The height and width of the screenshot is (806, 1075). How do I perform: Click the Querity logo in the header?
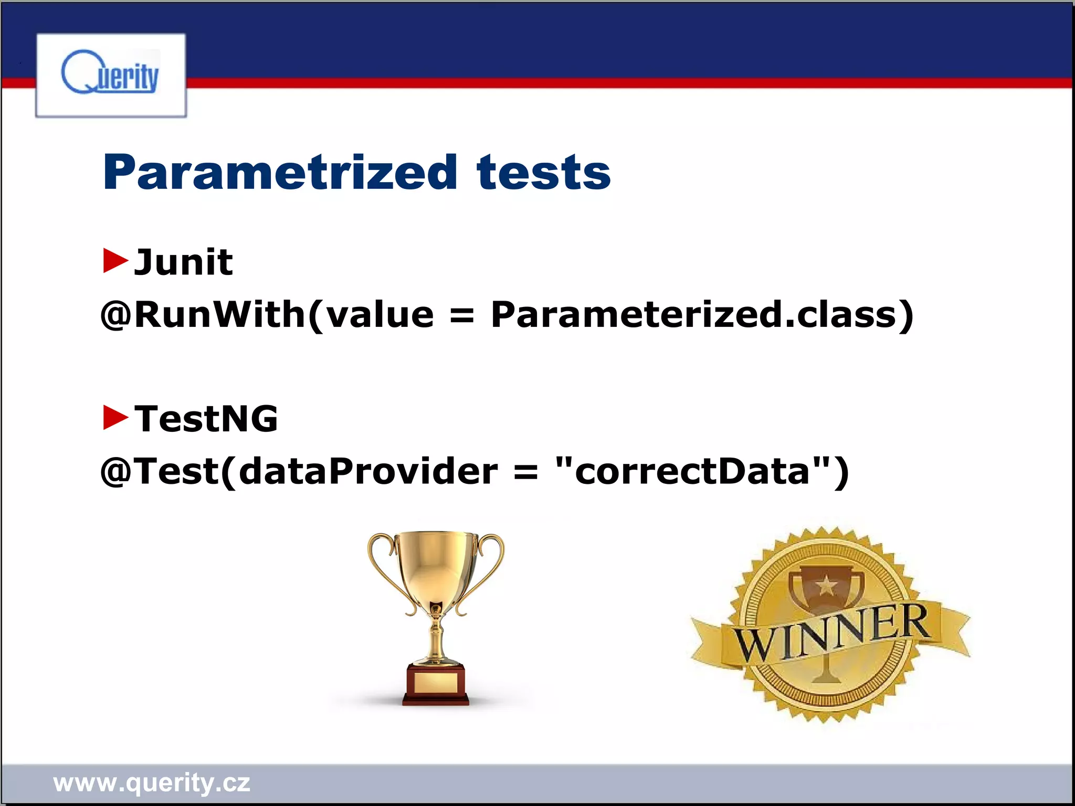[110, 75]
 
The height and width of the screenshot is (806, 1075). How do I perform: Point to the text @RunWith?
[203, 315]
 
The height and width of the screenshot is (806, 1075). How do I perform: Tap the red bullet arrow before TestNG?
[115, 417]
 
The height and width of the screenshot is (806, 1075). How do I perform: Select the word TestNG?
[206, 419]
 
